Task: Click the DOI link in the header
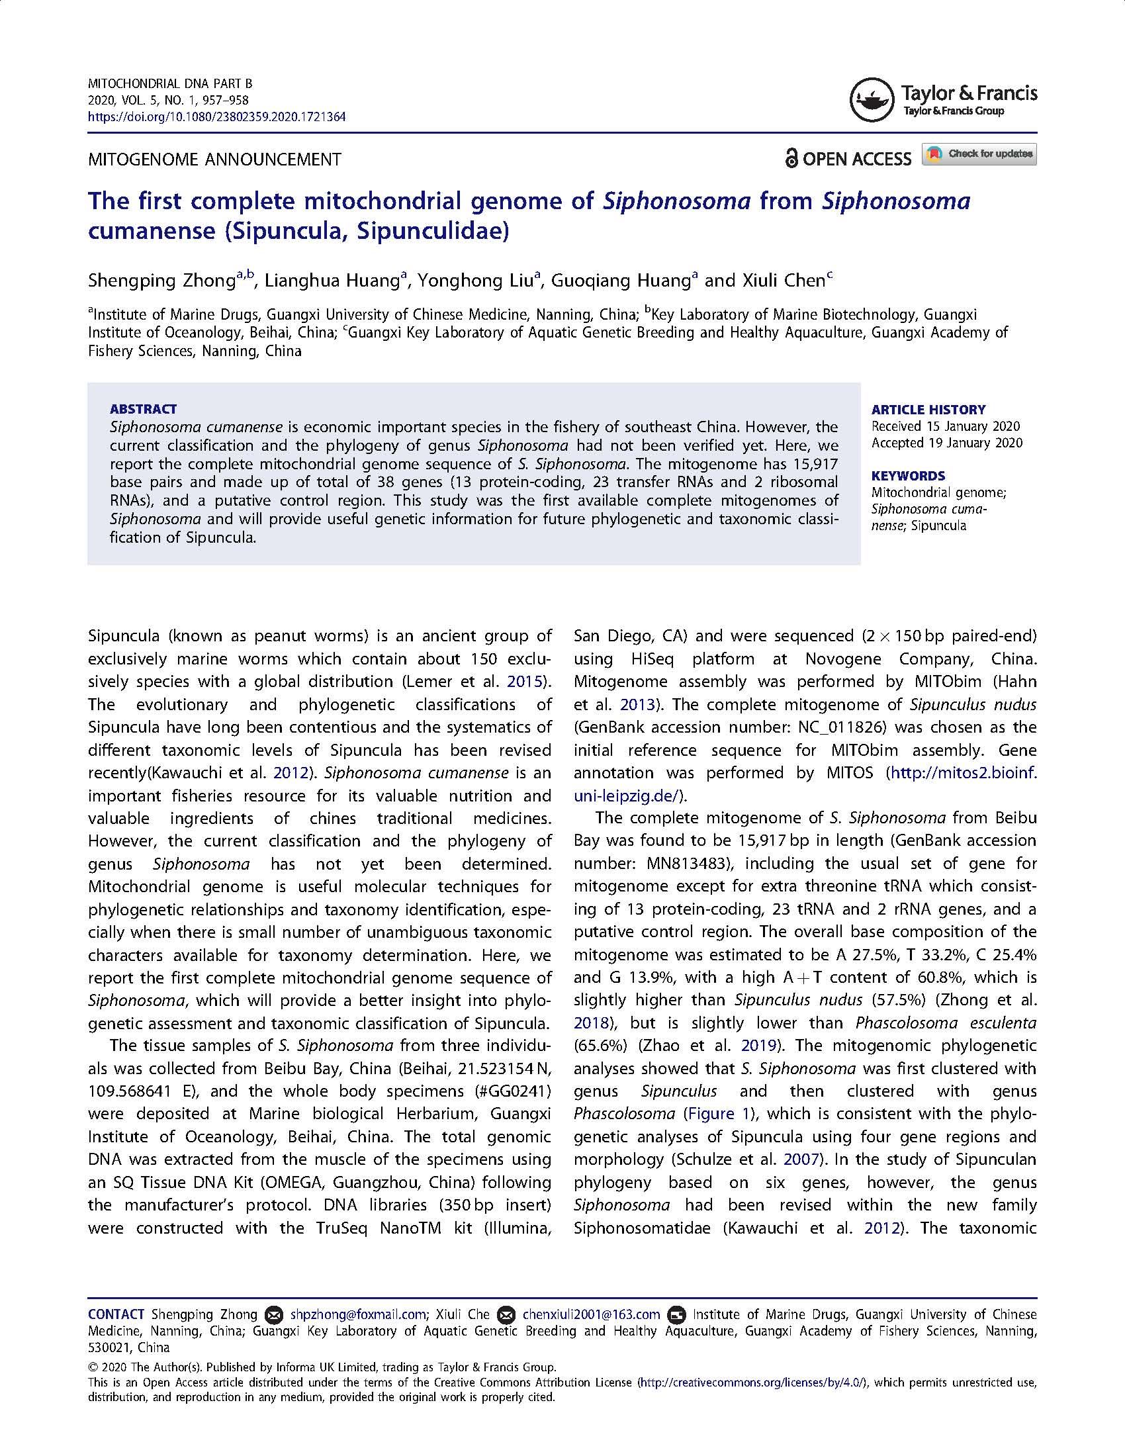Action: (x=216, y=117)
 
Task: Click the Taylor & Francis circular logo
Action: (x=871, y=101)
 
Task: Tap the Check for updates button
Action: (x=979, y=154)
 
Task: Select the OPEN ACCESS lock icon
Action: (x=791, y=159)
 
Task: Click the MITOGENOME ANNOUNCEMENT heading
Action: (x=214, y=160)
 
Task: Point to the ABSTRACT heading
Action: (x=144, y=408)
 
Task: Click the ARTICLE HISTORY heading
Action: (x=928, y=409)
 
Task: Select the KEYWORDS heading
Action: (x=908, y=475)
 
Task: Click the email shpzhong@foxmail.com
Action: (x=358, y=1314)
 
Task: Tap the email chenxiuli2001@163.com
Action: (x=590, y=1314)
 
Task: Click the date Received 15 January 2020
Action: (x=945, y=426)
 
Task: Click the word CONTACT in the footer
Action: (x=116, y=1314)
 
